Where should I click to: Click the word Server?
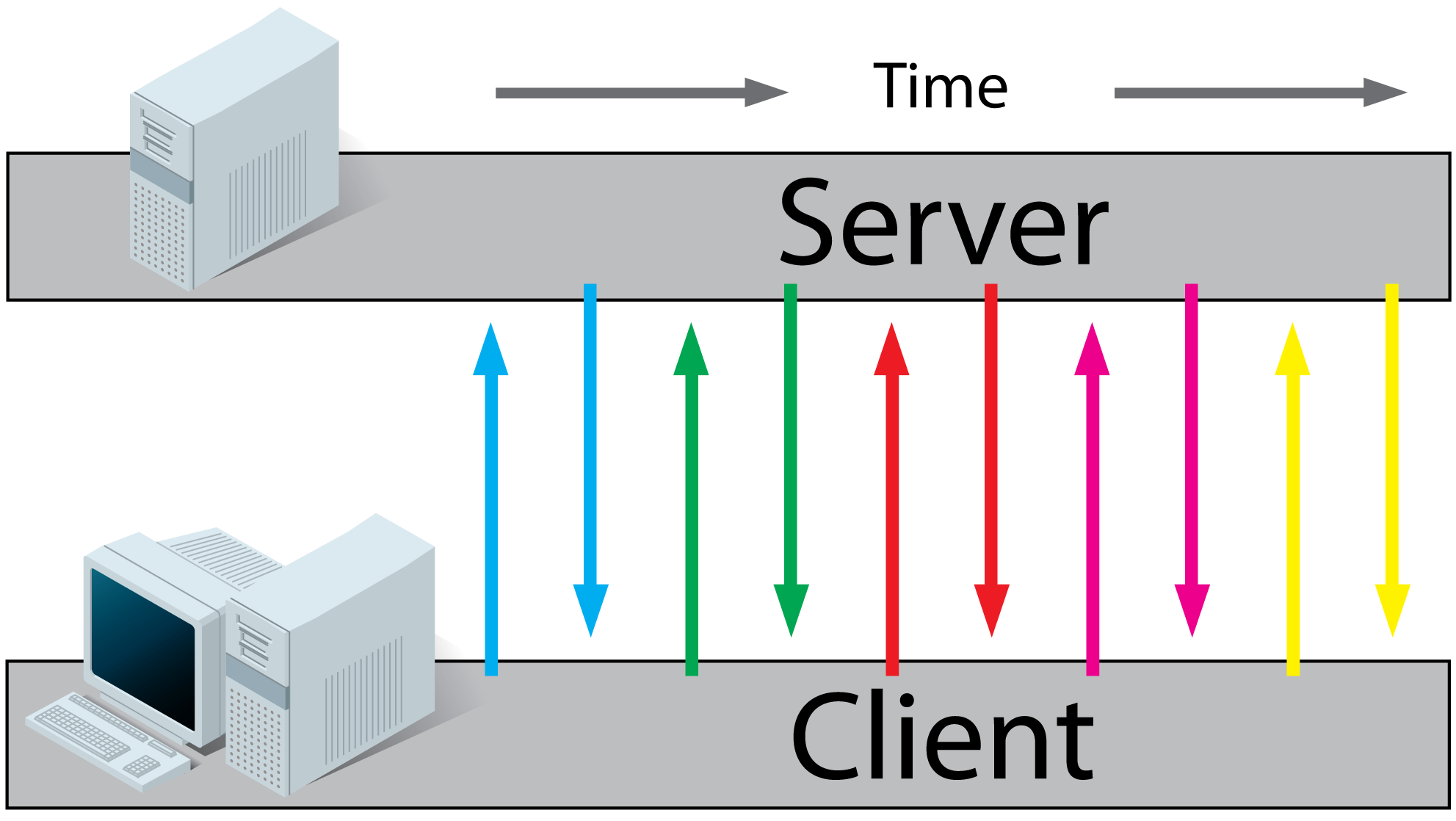point(943,224)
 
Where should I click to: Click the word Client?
point(943,738)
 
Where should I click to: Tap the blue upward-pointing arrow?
point(491,499)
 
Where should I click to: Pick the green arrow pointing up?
point(692,499)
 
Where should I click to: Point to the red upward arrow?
point(892,499)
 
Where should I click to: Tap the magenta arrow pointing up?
point(1093,499)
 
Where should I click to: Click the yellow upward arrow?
point(1293,499)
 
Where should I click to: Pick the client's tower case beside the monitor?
point(330,661)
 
